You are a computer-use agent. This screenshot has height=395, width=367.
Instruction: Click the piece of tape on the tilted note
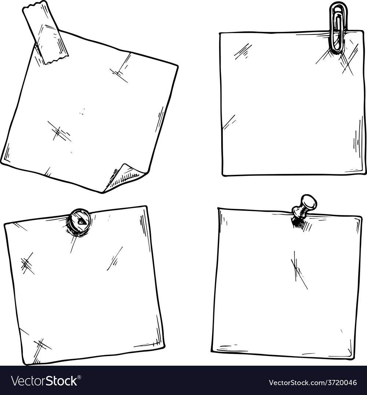point(45,33)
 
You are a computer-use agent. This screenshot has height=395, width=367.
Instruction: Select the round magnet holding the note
point(79,222)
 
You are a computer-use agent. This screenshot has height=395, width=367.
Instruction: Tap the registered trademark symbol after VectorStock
point(79,377)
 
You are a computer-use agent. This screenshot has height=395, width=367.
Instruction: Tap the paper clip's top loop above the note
point(338,8)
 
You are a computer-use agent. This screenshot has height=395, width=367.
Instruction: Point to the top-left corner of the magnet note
point(5,224)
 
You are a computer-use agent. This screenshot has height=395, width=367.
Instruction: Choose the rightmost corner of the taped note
point(178,66)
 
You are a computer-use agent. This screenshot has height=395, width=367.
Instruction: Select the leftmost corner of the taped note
point(2,162)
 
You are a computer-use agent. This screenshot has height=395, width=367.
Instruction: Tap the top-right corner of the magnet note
point(146,207)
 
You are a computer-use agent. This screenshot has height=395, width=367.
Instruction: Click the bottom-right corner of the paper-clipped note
point(365,173)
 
